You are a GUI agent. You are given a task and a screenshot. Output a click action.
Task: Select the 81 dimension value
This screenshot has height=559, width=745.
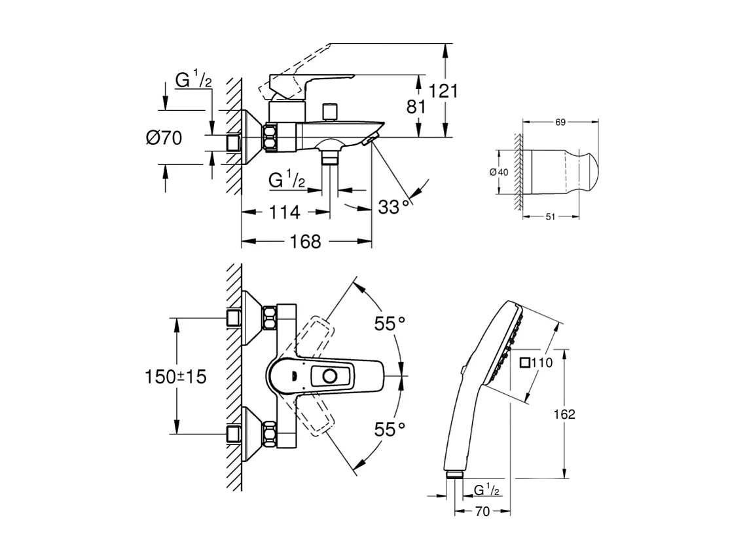pos(416,106)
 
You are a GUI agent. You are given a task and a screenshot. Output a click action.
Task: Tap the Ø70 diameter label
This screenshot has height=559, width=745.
pos(164,138)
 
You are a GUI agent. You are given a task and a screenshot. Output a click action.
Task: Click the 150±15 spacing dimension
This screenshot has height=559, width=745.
pos(175,376)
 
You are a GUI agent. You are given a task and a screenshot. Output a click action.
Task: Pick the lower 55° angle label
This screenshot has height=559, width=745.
pos(390,429)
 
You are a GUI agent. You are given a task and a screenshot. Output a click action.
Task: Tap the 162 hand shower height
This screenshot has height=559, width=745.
pos(563,414)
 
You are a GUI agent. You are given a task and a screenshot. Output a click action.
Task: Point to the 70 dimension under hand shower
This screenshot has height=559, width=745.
pos(481,512)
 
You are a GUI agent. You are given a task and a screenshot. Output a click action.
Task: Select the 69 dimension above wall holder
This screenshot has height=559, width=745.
pos(560,122)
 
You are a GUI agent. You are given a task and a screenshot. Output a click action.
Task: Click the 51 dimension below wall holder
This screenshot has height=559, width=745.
pos(550,217)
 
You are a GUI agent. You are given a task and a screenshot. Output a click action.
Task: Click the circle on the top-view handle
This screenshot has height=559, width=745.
pos(331,376)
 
